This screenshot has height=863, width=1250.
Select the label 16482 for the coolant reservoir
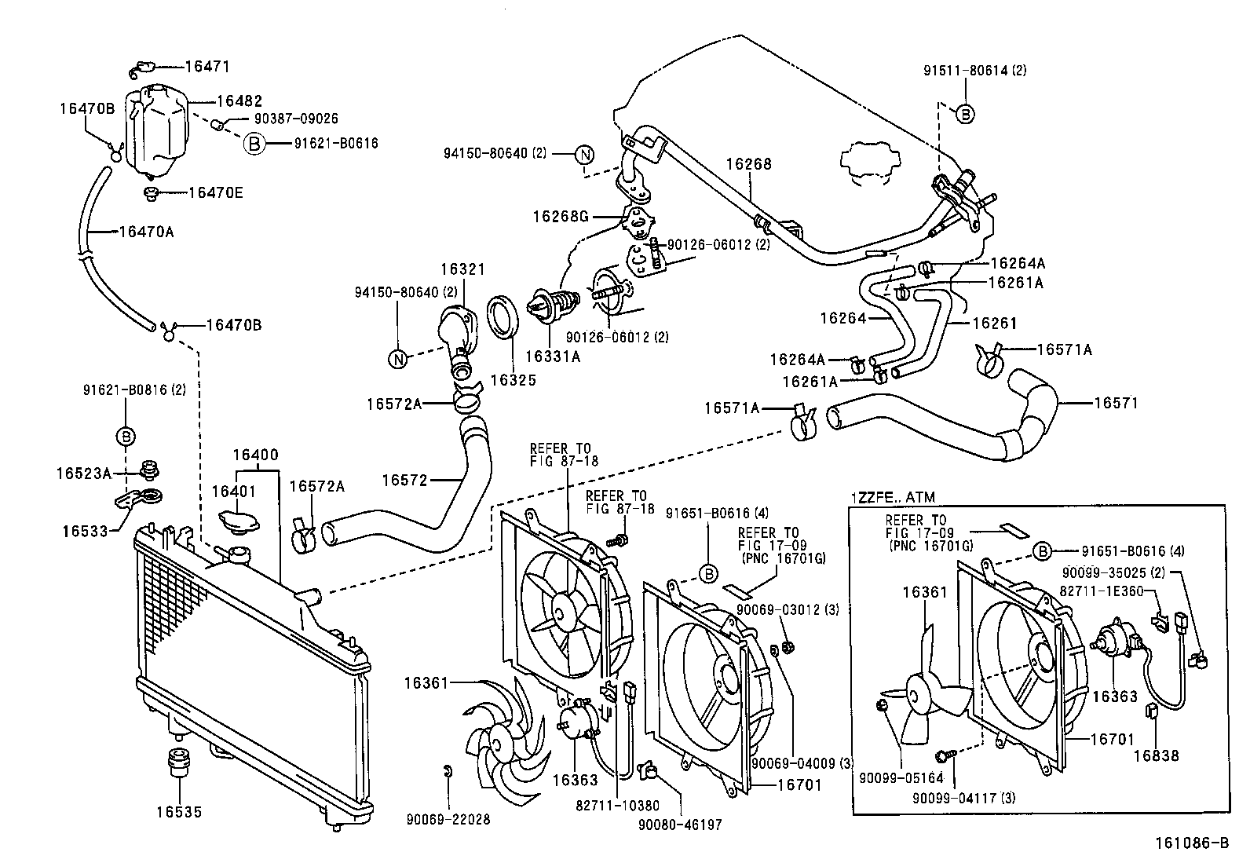pyautogui.click(x=239, y=101)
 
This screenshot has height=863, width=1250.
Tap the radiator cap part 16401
pyautogui.click(x=233, y=524)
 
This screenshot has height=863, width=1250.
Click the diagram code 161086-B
pyautogui.click(x=1191, y=844)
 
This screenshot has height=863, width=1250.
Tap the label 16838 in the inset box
pyautogui.click(x=1156, y=755)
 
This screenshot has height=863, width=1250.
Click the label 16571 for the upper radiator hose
pyautogui.click(x=1116, y=403)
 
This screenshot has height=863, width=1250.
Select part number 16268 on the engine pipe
pyautogui.click(x=748, y=164)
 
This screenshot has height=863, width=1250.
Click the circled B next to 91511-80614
pyautogui.click(x=966, y=114)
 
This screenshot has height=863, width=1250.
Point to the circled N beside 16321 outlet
pyautogui.click(x=399, y=359)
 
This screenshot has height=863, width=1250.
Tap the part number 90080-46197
pyautogui.click(x=680, y=825)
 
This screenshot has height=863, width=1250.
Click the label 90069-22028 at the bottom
pyautogui.click(x=448, y=820)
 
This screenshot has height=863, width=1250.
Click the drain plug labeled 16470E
pyautogui.click(x=215, y=192)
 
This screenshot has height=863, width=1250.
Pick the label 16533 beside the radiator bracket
pyautogui.click(x=85, y=531)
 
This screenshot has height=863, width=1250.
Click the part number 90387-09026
pyautogui.click(x=296, y=119)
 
